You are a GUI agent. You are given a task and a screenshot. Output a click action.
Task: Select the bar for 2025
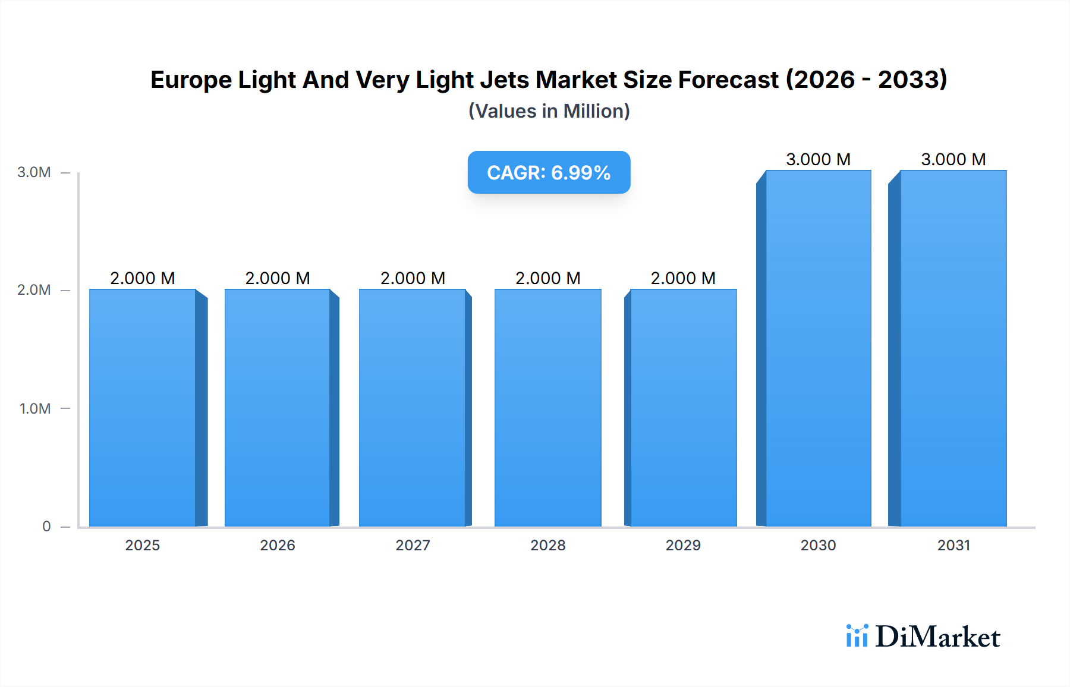pos(143,408)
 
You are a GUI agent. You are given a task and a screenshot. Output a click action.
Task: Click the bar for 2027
pos(413,408)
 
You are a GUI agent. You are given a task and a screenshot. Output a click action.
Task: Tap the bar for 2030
pos(819,348)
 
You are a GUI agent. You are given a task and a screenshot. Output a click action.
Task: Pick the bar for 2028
pos(548,408)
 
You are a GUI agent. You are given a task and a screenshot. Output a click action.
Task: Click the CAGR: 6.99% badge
pos(549,172)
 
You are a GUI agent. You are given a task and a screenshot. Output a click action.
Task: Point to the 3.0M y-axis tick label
pos(34,172)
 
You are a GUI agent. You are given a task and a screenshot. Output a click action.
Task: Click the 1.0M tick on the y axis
pos(34,408)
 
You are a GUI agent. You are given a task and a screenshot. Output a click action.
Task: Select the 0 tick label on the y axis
pos(46,527)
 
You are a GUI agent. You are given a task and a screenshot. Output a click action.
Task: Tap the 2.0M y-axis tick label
pos(34,290)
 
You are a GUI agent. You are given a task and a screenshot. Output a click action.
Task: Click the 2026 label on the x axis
pos(278,545)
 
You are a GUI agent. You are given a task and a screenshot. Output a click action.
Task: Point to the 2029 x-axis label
pos(683,545)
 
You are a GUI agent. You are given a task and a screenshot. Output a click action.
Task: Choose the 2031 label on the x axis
pos(953,545)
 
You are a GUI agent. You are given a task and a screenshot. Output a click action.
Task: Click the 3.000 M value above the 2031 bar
pos(953,159)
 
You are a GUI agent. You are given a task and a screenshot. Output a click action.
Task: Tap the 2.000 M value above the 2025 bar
pos(143,278)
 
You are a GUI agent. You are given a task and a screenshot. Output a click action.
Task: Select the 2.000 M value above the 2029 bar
pos(683,278)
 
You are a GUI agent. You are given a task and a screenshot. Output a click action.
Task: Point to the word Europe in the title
pos(191,80)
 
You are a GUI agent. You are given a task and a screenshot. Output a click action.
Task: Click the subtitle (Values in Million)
pos(549,111)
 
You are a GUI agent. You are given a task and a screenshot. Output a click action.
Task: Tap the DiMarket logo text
pos(937,637)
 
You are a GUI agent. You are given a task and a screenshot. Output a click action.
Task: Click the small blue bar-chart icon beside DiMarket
pos(857,636)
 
